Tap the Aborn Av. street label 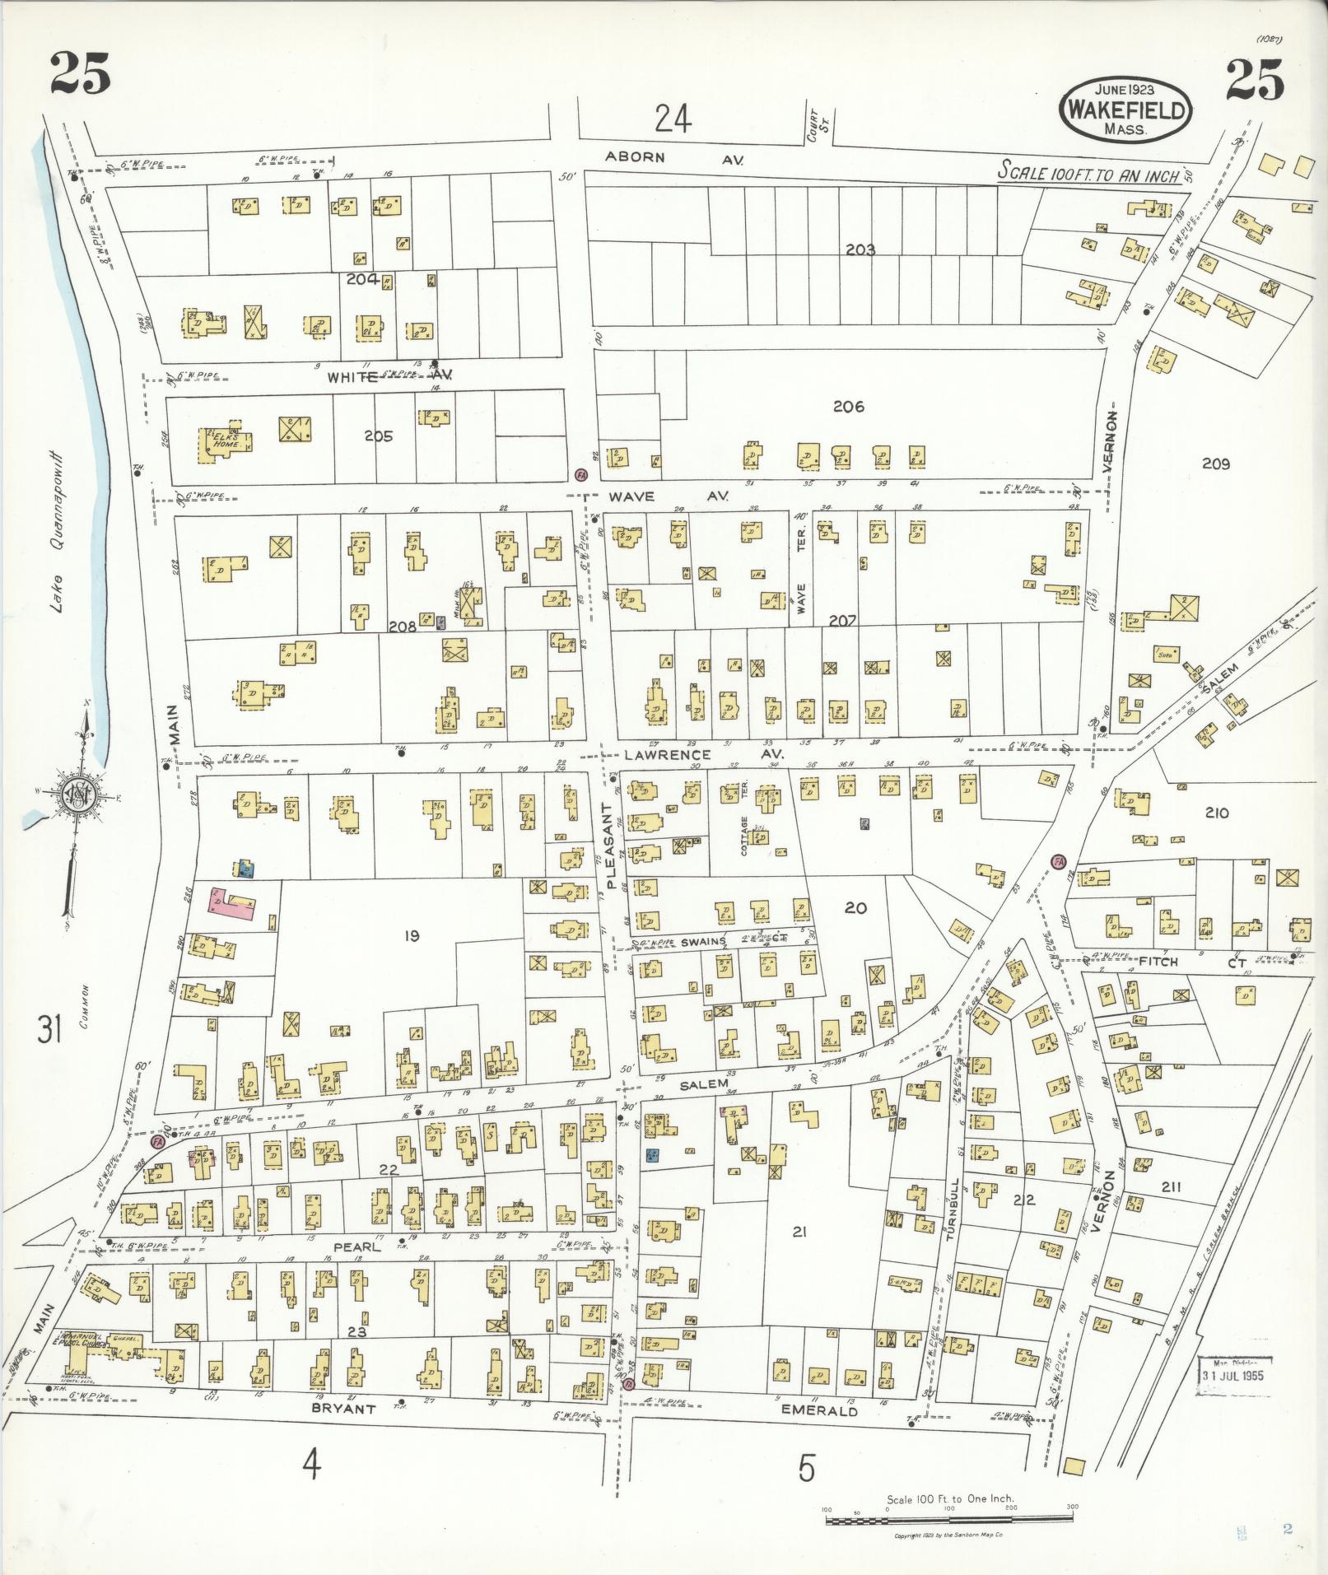point(673,159)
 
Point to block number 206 point(848,406)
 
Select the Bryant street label point(343,1408)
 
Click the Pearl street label point(356,1270)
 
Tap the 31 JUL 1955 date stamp point(1232,1375)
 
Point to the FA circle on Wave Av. point(581,476)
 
